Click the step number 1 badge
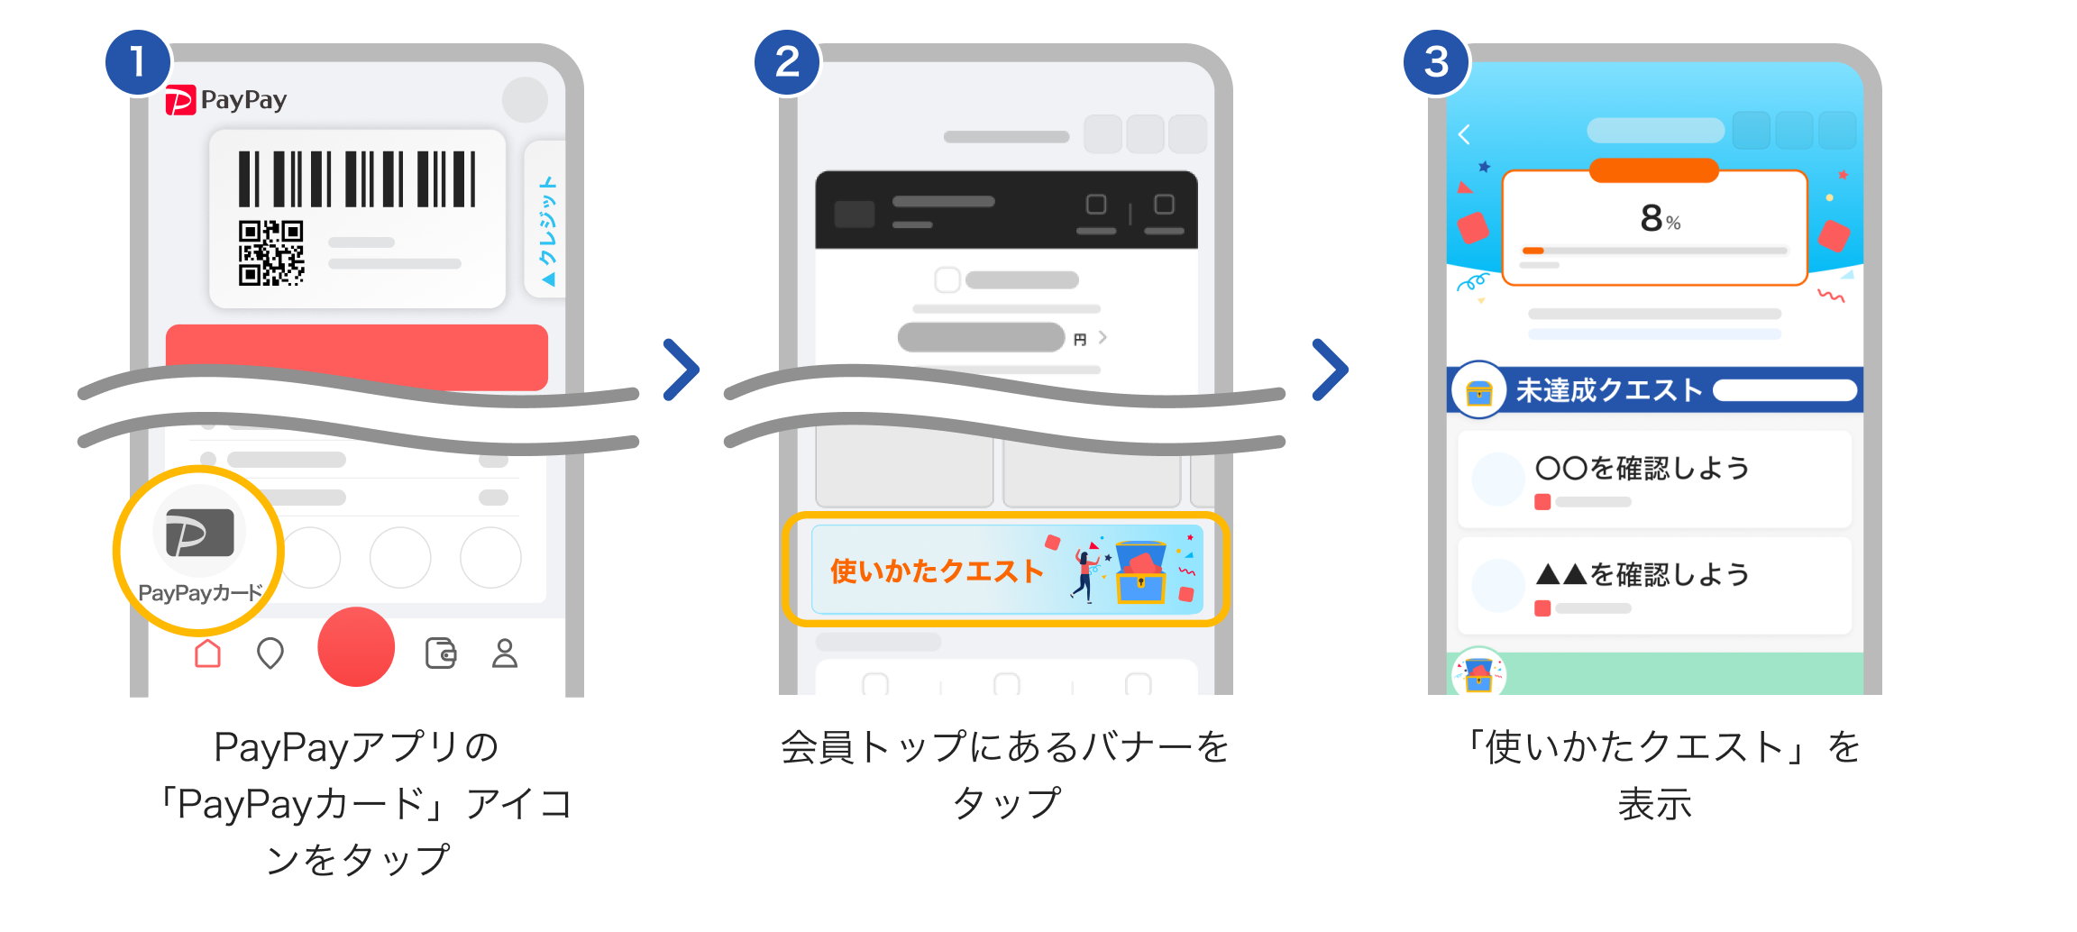pos(138,62)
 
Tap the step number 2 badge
pos(787,62)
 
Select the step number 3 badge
pos(1436,62)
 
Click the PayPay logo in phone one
pos(226,100)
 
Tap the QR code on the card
pos(270,253)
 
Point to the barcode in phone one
pos(357,178)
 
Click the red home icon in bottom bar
pos(208,653)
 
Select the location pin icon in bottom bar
pos(270,653)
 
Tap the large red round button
pos(356,646)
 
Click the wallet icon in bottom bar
pos(441,653)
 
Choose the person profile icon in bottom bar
pos(505,653)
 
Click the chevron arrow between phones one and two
pos(682,370)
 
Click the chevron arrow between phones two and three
pos(1331,370)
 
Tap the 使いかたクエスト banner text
pos(936,571)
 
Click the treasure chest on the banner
pos(1140,571)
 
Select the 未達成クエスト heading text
pos(1608,390)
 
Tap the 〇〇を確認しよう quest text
pos(1642,468)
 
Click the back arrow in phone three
pos(1464,134)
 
